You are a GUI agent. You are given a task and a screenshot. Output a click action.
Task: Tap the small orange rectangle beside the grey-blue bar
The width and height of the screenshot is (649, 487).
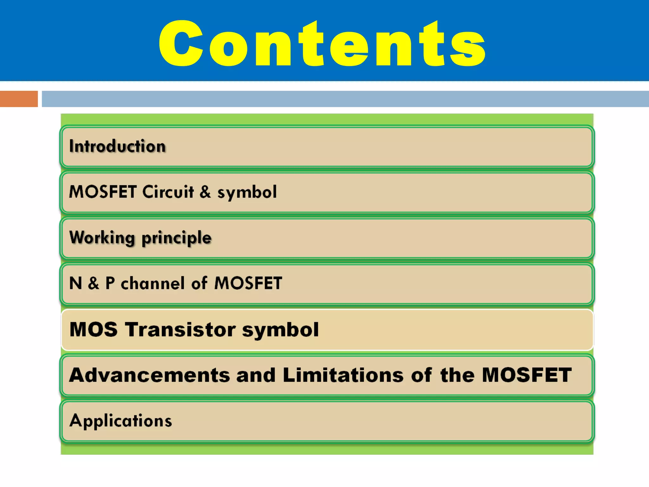pyautogui.click(x=19, y=99)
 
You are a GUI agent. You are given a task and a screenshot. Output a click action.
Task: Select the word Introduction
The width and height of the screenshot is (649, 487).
pyautogui.click(x=117, y=146)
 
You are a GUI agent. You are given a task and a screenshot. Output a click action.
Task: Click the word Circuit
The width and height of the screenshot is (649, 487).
pyautogui.click(x=168, y=192)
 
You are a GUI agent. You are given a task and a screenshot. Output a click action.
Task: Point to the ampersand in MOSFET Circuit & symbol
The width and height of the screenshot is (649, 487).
pyautogui.click(x=205, y=192)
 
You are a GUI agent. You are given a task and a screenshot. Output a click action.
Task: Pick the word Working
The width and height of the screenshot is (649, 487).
pyautogui.click(x=102, y=238)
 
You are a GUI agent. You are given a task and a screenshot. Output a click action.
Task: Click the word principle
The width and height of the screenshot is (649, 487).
pyautogui.click(x=176, y=238)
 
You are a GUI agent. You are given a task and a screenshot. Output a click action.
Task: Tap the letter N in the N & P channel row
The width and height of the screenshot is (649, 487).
pyautogui.click(x=75, y=283)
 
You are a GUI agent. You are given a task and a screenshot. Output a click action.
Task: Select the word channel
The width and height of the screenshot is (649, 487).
pyautogui.click(x=152, y=283)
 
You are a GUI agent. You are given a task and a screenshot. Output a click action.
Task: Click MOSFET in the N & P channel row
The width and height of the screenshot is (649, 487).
pyautogui.click(x=248, y=283)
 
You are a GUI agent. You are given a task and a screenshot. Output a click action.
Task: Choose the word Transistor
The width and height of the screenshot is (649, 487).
pyautogui.click(x=180, y=329)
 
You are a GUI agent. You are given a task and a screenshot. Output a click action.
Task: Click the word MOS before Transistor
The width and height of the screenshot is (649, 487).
pyautogui.click(x=93, y=329)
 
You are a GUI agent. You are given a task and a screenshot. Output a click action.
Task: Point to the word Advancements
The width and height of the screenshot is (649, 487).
pyautogui.click(x=149, y=375)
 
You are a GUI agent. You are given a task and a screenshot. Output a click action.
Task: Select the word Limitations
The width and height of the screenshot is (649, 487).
pyautogui.click(x=343, y=375)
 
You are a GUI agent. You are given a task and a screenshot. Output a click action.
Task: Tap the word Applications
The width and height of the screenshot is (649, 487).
pyautogui.click(x=121, y=421)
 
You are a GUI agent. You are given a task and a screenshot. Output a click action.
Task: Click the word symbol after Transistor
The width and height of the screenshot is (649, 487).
pyautogui.click(x=280, y=330)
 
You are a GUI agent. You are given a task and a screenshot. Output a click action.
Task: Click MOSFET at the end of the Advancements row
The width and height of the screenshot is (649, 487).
pyautogui.click(x=527, y=375)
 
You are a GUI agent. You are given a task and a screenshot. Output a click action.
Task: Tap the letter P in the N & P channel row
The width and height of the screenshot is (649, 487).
pyautogui.click(x=110, y=283)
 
